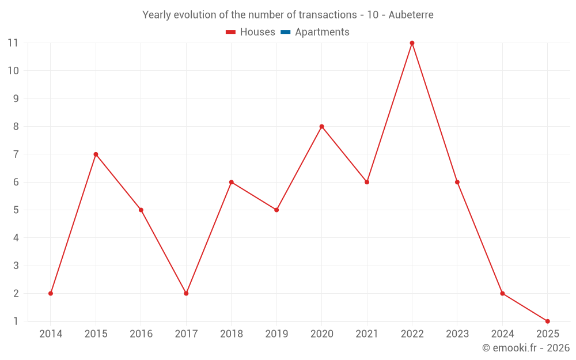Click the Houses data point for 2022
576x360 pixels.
coord(412,43)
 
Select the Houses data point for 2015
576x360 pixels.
coord(96,154)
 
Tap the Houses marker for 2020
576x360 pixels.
coord(321,127)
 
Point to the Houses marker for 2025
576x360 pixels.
coord(547,321)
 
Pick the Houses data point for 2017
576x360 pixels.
coord(186,293)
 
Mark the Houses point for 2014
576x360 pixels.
coord(51,293)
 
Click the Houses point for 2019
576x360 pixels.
coord(276,210)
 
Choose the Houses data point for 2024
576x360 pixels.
coord(502,293)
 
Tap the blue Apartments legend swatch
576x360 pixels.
coord(285,32)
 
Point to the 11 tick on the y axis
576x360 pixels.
coord(13,43)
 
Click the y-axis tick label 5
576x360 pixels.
coord(16,210)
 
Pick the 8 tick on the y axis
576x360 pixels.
coord(16,127)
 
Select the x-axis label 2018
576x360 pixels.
coord(231,334)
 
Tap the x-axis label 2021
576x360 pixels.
coord(367,334)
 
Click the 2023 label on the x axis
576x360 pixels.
coord(457,334)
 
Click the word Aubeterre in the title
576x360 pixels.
coord(411,15)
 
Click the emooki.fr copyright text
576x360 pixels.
coord(526,348)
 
